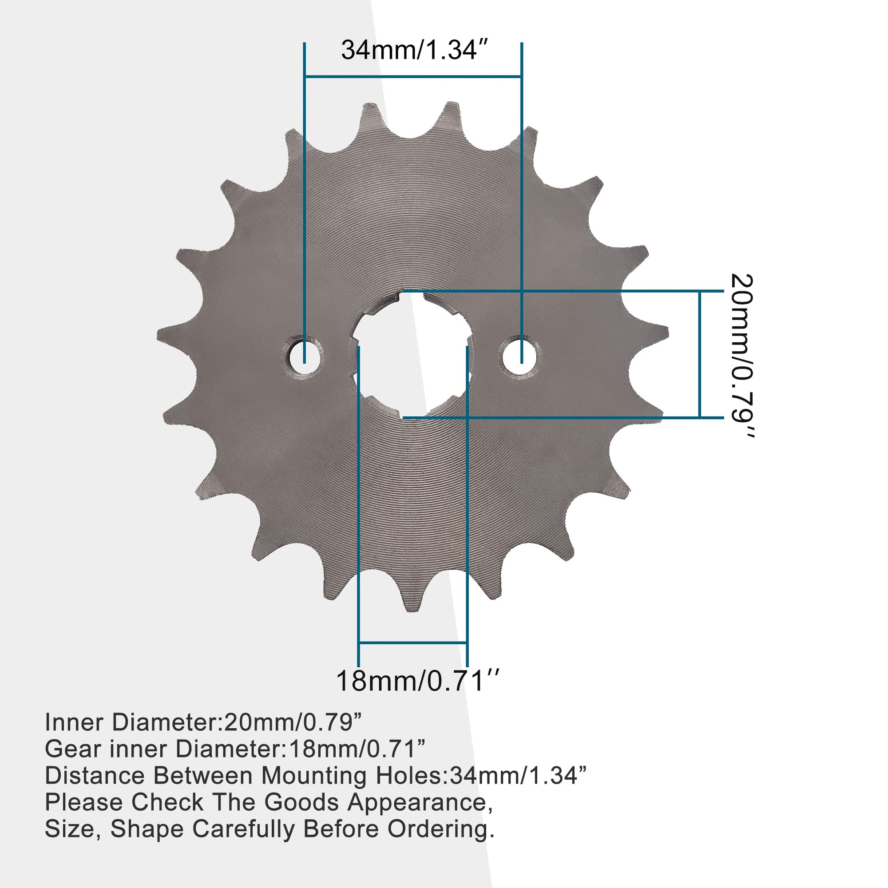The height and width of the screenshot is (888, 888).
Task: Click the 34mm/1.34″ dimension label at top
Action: click(413, 50)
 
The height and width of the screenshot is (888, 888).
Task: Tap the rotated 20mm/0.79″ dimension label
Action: click(741, 356)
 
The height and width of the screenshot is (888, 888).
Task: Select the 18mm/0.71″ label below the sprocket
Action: click(417, 681)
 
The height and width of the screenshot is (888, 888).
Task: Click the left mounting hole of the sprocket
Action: click(304, 356)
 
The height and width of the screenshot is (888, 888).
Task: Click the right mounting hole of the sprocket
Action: click(520, 356)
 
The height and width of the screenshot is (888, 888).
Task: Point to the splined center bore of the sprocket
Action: click(412, 356)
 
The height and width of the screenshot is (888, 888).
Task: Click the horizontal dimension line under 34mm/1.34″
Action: click(413, 76)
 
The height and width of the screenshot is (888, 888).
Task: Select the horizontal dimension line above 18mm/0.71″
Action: click(412, 642)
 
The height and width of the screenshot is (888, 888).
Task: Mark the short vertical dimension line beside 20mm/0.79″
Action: click(700, 354)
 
